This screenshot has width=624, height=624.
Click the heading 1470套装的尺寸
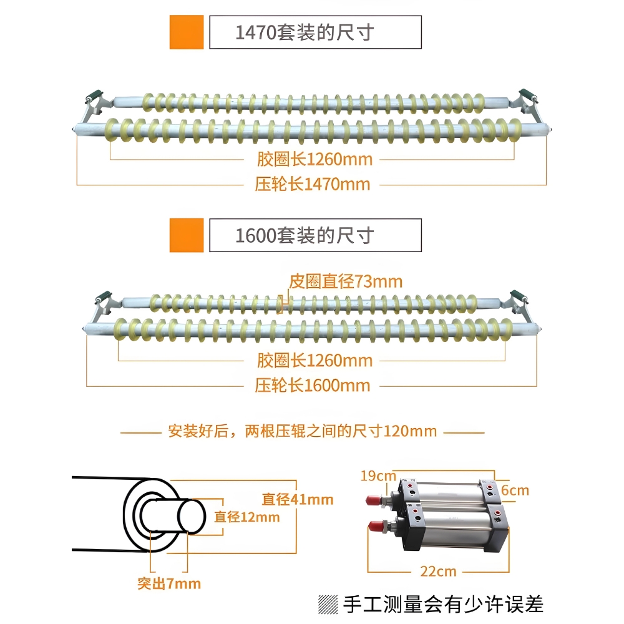tap(304, 32)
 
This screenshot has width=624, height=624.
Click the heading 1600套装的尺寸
tap(304, 235)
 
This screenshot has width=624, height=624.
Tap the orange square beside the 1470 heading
tap(187, 32)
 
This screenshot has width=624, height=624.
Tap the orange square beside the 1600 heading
tap(187, 235)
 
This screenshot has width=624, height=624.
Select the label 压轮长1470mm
tap(313, 185)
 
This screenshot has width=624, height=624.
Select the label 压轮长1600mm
tap(313, 386)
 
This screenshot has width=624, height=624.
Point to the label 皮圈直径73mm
tap(346, 281)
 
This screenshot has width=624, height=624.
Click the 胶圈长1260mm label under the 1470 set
tap(314, 159)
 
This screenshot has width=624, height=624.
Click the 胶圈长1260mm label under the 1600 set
tap(314, 360)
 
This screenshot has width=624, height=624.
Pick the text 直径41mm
tap(297, 499)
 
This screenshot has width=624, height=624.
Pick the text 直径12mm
tap(246, 517)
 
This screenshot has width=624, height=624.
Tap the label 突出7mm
tap(169, 584)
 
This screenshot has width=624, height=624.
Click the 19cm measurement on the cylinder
tap(378, 476)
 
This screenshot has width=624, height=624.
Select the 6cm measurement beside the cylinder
tap(515, 490)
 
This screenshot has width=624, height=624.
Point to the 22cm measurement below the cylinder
tap(438, 571)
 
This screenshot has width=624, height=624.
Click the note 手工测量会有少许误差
tap(443, 604)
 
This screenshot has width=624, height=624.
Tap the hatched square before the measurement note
tap(327, 604)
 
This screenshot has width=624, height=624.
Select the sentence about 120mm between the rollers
tap(302, 431)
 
